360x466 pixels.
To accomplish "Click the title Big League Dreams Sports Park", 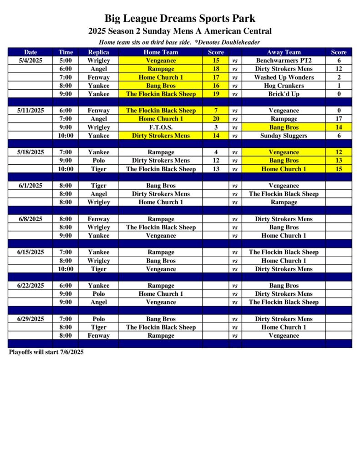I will pos(180,19).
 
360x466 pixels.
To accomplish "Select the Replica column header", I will pos(98,52).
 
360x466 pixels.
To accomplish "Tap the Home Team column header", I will pos(161,52).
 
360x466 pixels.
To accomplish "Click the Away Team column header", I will pos(284,52).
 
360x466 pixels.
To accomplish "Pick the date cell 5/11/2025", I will pos(30,110).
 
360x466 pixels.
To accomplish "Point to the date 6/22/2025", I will pos(30,285).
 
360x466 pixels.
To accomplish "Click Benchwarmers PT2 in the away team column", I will pos(284,60).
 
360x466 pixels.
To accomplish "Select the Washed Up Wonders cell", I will pos(284,77).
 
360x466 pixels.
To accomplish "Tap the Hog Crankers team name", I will pos(284,86).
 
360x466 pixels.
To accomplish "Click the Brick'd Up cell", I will pos(284,94).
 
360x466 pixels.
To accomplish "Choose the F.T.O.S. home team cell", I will pos(161,127).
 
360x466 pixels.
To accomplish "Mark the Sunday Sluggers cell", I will pos(284,135).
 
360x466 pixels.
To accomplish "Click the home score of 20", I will pos(216,119).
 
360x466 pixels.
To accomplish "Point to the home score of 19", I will pos(216,94).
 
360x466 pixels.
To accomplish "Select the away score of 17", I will pos(339,119).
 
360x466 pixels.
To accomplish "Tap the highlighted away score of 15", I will pos(339,169).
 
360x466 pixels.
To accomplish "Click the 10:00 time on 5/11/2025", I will pos(66,135).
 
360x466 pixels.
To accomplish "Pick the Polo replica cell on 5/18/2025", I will pos(98,160).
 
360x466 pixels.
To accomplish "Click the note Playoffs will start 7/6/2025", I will pos(46,352).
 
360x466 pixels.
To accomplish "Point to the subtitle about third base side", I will pos(180,42).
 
